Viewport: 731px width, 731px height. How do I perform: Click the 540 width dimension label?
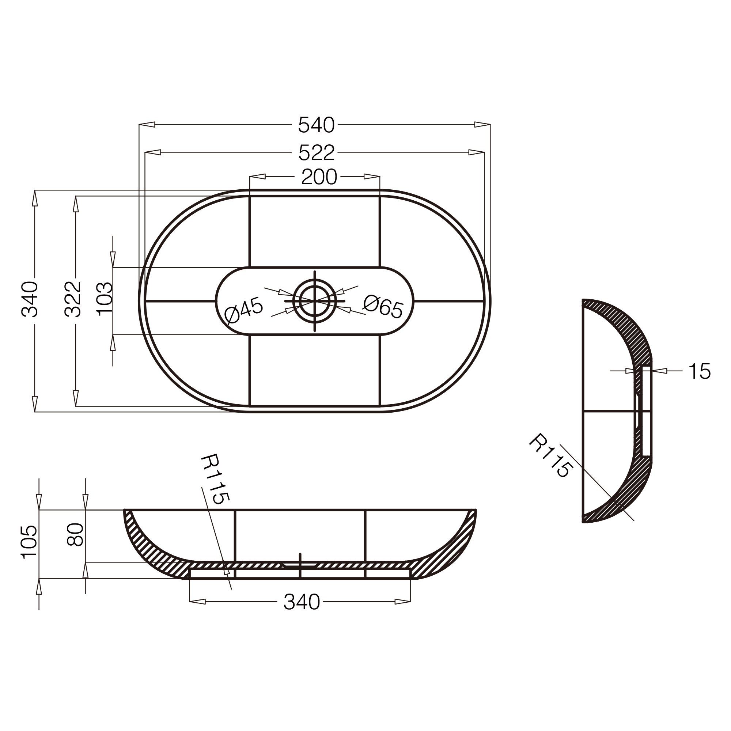click(316, 125)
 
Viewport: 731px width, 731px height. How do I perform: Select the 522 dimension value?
click(317, 153)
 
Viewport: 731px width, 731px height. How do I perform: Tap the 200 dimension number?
click(319, 177)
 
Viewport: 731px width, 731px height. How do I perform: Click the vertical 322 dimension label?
click(72, 299)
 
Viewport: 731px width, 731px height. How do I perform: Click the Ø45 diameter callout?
click(243, 310)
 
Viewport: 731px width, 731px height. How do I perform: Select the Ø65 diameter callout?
click(383, 306)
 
